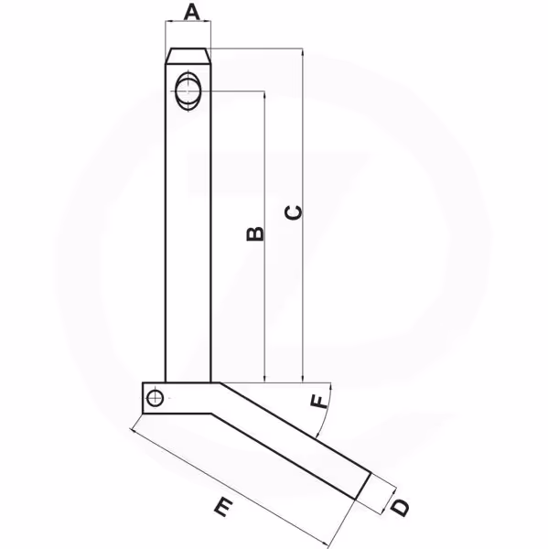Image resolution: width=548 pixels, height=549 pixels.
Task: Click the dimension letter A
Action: (x=191, y=12)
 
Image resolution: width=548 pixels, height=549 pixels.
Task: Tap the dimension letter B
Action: (x=255, y=234)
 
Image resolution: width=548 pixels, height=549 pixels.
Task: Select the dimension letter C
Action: (x=294, y=213)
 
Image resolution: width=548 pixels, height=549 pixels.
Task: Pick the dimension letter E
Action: (x=223, y=508)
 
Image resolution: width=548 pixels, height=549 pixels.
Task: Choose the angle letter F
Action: (x=319, y=402)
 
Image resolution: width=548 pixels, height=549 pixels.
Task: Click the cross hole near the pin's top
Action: (x=188, y=91)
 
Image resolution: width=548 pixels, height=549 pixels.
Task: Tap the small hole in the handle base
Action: (x=155, y=398)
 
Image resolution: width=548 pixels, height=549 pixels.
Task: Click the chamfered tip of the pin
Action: (x=188, y=56)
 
